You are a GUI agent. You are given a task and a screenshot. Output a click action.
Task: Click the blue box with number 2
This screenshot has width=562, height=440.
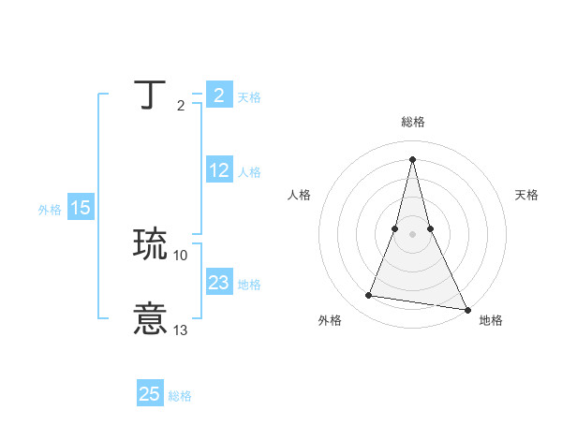pyautogui.click(x=218, y=95)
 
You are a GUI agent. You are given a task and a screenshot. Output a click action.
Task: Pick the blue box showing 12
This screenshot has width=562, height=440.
pyautogui.click(x=219, y=170)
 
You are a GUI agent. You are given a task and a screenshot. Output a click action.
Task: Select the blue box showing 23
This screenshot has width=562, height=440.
pyautogui.click(x=219, y=283)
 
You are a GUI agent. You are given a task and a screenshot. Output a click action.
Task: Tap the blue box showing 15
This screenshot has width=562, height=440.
pyautogui.click(x=81, y=208)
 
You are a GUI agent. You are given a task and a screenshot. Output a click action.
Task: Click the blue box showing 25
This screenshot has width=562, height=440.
pyautogui.click(x=150, y=394)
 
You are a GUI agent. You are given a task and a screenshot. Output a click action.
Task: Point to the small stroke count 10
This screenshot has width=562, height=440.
pyautogui.click(x=181, y=255)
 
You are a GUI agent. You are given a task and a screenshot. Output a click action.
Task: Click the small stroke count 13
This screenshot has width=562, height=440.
pyautogui.click(x=181, y=330)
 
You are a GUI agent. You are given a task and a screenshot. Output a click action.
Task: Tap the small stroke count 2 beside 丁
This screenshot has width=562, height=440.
pyautogui.click(x=180, y=106)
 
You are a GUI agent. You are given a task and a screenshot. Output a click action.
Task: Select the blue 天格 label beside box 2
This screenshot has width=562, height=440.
pyautogui.click(x=249, y=97)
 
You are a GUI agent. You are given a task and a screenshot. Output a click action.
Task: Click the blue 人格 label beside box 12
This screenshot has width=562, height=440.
pyautogui.click(x=249, y=172)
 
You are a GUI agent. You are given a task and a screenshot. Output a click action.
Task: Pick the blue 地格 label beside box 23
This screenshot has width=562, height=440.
pyautogui.click(x=249, y=285)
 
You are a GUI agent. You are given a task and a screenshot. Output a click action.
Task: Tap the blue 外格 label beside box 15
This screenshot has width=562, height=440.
pyautogui.click(x=50, y=210)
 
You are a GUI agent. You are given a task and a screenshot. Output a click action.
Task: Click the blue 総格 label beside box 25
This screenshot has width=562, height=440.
pyautogui.click(x=180, y=396)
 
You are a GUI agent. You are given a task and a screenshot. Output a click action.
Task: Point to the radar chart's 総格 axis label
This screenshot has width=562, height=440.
pyautogui.click(x=412, y=122)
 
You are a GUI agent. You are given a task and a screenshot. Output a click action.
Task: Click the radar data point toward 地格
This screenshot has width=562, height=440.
pyautogui.click(x=466, y=309)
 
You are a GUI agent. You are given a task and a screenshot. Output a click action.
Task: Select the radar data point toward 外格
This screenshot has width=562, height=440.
pyautogui.click(x=369, y=296)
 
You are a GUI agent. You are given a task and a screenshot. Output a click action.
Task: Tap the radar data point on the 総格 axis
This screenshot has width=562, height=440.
pyautogui.click(x=412, y=158)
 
